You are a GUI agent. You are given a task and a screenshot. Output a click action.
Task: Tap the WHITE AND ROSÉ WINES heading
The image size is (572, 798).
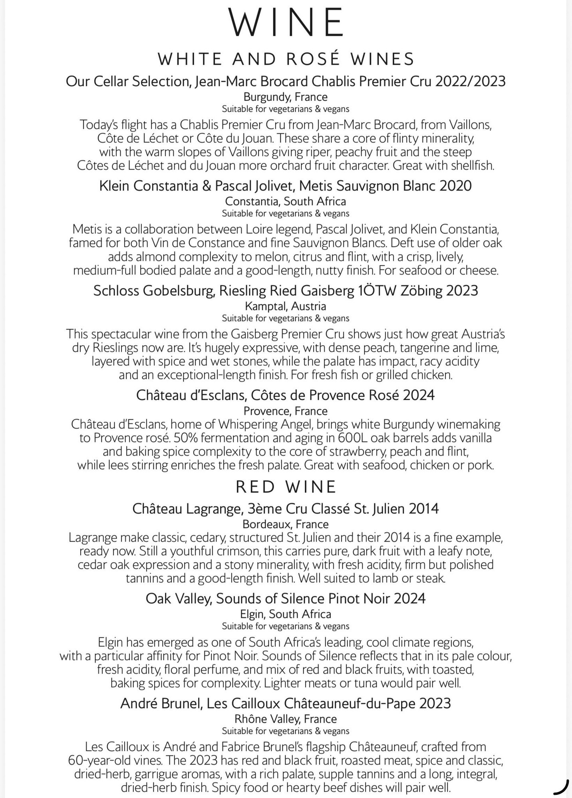[x=286, y=59]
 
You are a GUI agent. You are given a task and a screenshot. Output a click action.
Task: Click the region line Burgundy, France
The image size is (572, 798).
[x=286, y=97]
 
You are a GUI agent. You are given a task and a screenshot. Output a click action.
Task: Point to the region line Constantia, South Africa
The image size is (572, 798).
[x=286, y=201]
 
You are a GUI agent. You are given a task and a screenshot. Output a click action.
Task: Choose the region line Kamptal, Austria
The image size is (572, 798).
[x=286, y=306]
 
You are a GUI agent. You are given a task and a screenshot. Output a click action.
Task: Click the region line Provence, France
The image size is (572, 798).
[x=286, y=411]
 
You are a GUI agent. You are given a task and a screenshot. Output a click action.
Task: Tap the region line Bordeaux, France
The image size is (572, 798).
[x=286, y=524]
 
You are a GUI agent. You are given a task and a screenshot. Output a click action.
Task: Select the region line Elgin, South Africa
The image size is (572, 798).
[x=286, y=614]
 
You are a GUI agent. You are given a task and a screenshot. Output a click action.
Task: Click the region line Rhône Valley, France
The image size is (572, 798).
[x=286, y=719]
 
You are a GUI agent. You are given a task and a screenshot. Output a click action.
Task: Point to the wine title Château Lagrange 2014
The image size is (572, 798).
[x=286, y=509]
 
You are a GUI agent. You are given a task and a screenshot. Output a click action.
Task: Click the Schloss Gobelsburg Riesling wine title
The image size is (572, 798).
[x=286, y=290]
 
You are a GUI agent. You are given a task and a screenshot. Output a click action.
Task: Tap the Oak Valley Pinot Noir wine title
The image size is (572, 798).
[x=286, y=598]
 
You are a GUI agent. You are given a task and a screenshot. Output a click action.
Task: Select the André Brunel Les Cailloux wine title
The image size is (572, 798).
[x=286, y=703]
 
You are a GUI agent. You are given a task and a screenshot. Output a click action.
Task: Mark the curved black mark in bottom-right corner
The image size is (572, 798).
[x=563, y=788]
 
